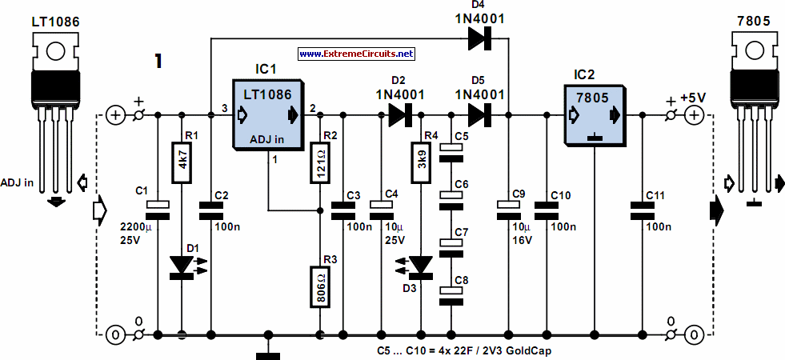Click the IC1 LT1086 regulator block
(266, 114)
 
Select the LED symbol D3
(420, 264)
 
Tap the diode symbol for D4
(479, 38)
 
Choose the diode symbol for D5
(479, 115)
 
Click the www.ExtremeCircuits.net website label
(357, 54)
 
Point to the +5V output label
(692, 97)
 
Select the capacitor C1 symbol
(158, 206)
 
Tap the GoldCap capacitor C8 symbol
(451, 291)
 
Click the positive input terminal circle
(115, 115)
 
